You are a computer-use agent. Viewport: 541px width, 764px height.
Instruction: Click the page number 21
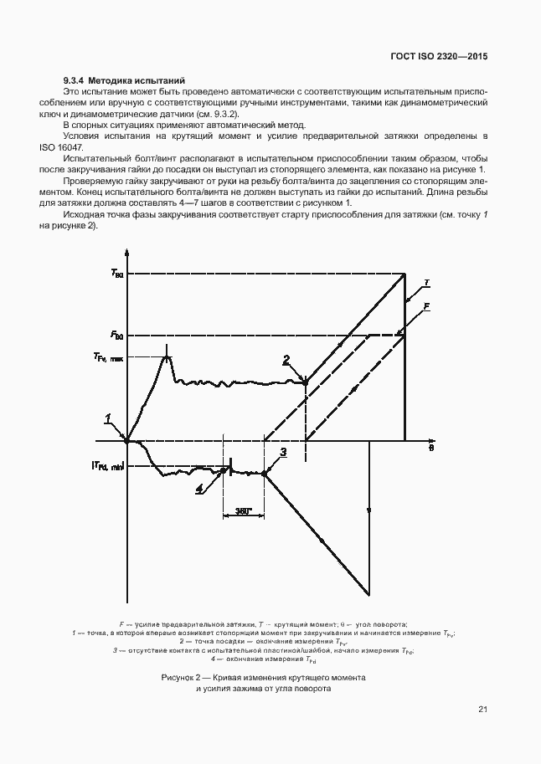[x=482, y=710]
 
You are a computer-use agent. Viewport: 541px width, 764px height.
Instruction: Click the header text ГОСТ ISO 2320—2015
[x=439, y=57]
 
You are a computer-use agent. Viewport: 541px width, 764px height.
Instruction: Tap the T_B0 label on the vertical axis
[x=116, y=274]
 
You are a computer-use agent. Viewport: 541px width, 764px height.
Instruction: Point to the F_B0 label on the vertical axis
[x=116, y=336]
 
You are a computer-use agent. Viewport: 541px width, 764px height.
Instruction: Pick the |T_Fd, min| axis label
[x=107, y=467]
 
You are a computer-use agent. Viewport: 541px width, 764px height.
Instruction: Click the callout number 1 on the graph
[x=108, y=418]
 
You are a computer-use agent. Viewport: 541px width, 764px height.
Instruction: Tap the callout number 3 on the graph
[x=283, y=453]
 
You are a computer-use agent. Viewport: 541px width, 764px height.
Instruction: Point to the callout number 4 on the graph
[x=198, y=489]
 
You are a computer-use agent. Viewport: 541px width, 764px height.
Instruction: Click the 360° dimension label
[x=244, y=510]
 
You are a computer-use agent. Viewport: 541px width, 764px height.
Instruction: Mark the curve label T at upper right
[x=426, y=283]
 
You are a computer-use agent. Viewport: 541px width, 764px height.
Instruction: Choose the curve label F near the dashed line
[x=426, y=308]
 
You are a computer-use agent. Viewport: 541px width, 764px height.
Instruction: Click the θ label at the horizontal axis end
[x=430, y=448]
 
